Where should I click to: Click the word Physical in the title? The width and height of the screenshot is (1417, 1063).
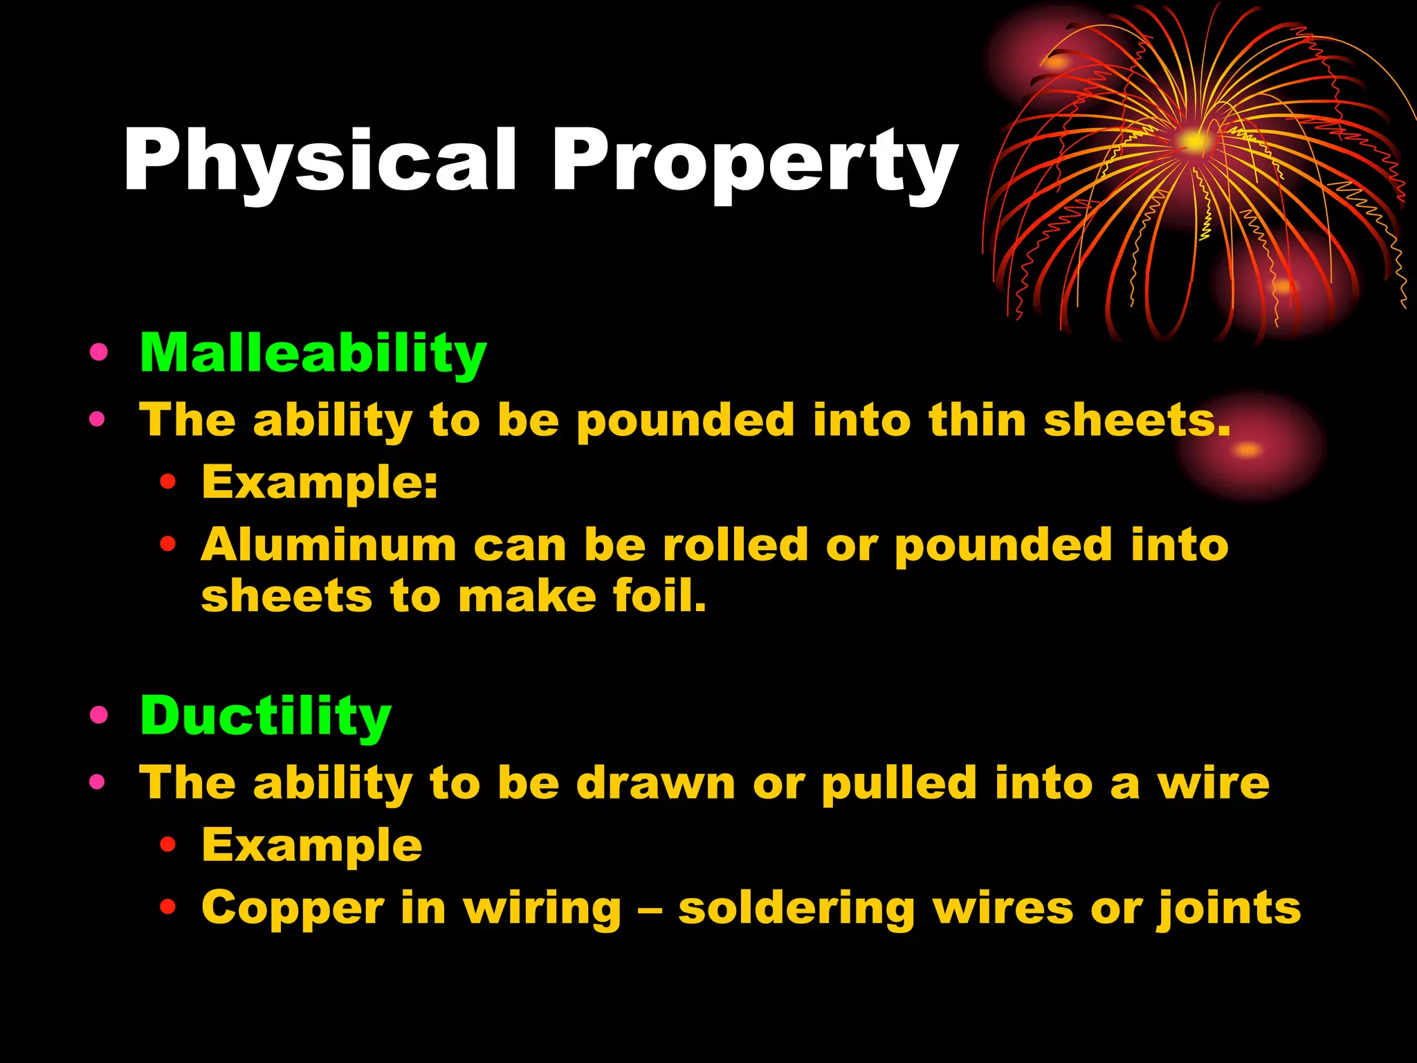[x=320, y=161]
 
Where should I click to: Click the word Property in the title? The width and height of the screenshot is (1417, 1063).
[x=754, y=161]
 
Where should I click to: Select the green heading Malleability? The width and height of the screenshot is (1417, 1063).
[x=313, y=354]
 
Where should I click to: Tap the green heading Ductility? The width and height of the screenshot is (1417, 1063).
[x=266, y=716]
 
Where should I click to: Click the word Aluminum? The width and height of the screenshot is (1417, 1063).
[x=329, y=545]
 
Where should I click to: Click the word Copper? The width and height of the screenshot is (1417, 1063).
[x=293, y=908]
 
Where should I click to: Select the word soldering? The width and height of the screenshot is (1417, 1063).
[x=796, y=908]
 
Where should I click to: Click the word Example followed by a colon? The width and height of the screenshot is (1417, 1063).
[x=320, y=482]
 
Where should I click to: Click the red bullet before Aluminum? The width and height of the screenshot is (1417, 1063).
[x=167, y=544]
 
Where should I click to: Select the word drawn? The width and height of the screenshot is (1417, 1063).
[x=656, y=783]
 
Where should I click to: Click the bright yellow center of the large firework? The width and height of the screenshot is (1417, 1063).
[x=1194, y=142]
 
